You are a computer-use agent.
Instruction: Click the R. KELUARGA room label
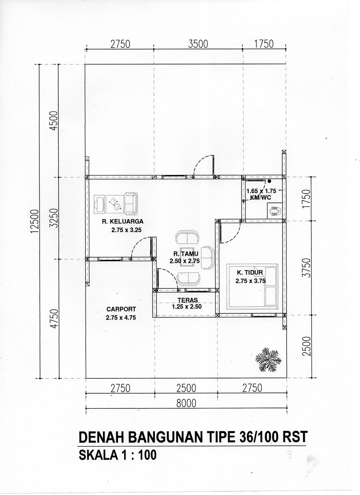click(x=122, y=221)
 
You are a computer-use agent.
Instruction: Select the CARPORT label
click(x=121, y=309)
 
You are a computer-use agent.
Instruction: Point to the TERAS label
click(x=188, y=300)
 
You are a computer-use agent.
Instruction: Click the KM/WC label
click(x=260, y=197)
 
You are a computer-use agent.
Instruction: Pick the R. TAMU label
click(x=186, y=254)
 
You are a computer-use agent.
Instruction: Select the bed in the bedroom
click(x=252, y=286)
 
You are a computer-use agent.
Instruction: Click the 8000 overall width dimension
click(x=186, y=403)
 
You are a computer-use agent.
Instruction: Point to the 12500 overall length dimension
click(x=35, y=222)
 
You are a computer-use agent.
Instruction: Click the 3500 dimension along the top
click(x=198, y=44)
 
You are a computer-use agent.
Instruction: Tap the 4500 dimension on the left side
click(x=54, y=121)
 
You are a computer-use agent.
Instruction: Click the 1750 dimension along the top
click(x=264, y=44)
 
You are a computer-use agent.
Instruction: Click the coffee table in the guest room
click(x=187, y=256)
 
